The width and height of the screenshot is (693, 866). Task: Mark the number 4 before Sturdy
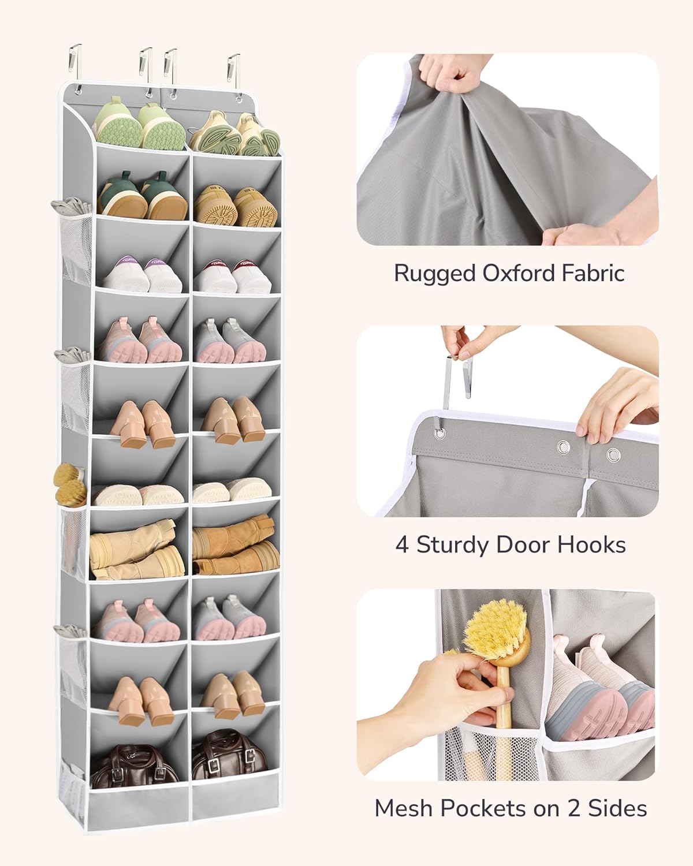[402, 544]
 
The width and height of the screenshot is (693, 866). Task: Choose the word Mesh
[403, 808]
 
